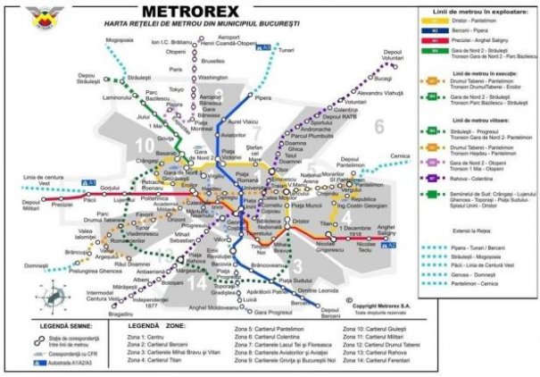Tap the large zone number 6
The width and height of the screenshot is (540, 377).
coord(378,126)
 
